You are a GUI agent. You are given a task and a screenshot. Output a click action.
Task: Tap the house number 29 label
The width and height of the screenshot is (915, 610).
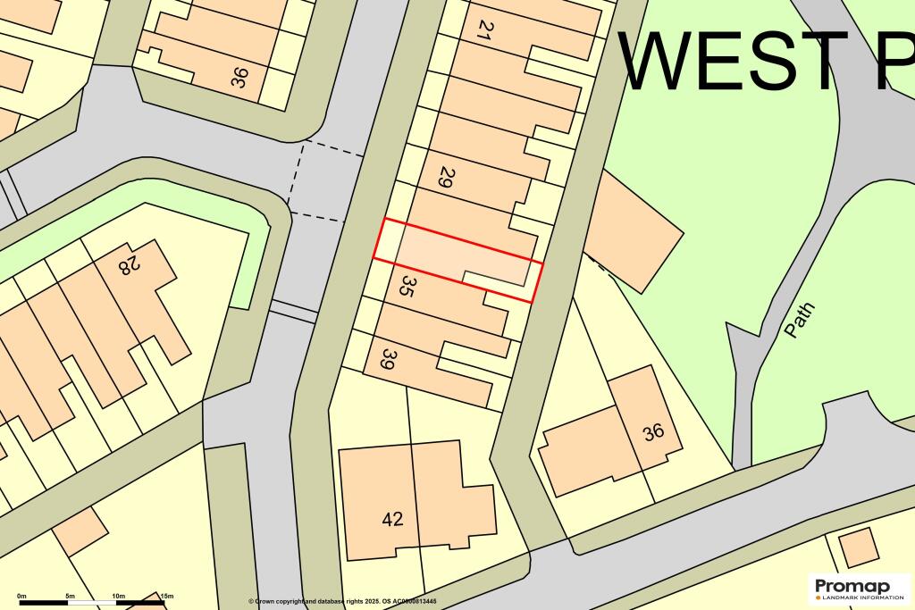coord(443,176)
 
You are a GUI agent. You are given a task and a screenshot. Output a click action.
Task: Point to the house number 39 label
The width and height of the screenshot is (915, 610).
coord(388,359)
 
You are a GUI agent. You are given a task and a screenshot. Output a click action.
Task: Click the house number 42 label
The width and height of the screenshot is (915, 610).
coord(392,519)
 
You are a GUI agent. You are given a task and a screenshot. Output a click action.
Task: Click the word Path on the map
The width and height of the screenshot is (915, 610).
coord(799,320)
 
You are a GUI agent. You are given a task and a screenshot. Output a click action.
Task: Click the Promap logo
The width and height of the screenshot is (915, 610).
coord(852,587)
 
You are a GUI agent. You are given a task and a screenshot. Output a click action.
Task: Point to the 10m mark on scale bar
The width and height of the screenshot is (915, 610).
coord(118,596)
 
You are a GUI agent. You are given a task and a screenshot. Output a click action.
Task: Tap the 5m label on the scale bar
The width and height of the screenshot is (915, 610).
coord(70,596)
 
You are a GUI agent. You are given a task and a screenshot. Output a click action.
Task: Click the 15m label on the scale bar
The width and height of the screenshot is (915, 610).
coord(165,596)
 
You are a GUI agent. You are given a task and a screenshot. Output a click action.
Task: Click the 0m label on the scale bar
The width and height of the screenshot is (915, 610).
coord(21,596)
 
